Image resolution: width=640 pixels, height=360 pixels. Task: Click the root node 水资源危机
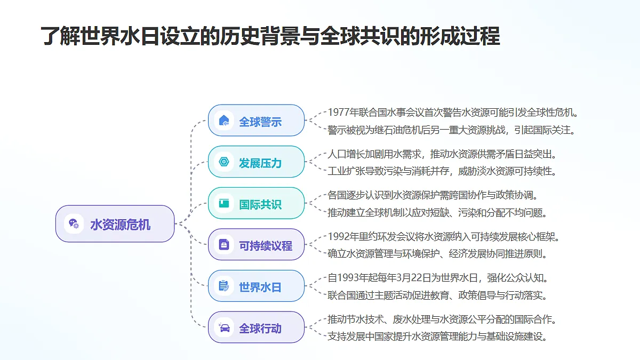pos(115,223)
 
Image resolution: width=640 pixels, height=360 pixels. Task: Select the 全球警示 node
pos(257,121)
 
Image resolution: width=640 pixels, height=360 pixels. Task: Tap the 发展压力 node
pos(257,162)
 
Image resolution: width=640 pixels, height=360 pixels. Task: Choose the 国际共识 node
pos(257,203)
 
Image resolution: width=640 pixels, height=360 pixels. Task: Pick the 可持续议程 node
pos(257,244)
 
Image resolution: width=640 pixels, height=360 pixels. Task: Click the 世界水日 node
pos(257,286)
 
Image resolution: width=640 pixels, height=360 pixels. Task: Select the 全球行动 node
pos(257,327)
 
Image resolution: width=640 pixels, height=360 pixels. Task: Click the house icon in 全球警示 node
pos(224,121)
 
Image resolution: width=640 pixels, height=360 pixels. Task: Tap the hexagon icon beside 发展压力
pos(224,162)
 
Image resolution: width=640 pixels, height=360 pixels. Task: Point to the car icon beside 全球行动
pos(224,327)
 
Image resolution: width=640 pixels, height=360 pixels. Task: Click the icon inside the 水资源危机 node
pos(74,223)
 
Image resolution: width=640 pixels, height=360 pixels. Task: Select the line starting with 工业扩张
pos(442,171)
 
